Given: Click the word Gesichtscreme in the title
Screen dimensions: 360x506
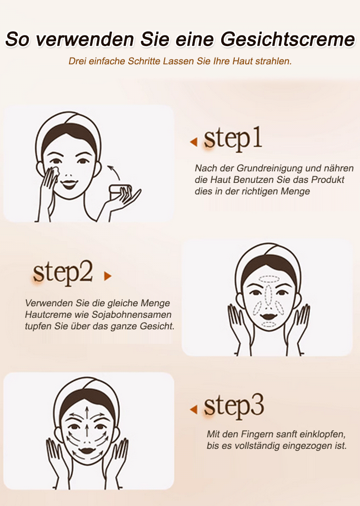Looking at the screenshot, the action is coord(288,39).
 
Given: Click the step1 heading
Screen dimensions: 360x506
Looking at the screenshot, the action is coord(233,139).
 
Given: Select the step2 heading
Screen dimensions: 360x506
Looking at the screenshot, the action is coord(63,273).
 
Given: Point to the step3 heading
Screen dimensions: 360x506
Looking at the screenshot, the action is coord(234,406).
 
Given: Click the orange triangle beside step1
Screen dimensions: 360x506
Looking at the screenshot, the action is coord(194,142).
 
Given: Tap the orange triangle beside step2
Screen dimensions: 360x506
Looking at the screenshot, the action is coord(108,276).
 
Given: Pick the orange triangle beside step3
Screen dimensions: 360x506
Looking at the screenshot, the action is coord(194,410).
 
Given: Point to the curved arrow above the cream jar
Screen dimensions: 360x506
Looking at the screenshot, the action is coord(114,171).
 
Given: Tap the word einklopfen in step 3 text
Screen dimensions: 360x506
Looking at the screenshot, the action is coord(323,434).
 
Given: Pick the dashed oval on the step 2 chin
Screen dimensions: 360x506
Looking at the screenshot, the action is coord(268,324).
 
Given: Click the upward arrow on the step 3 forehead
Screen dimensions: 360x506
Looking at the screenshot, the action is coord(87,412).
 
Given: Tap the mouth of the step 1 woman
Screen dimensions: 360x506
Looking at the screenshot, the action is coord(69,184).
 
